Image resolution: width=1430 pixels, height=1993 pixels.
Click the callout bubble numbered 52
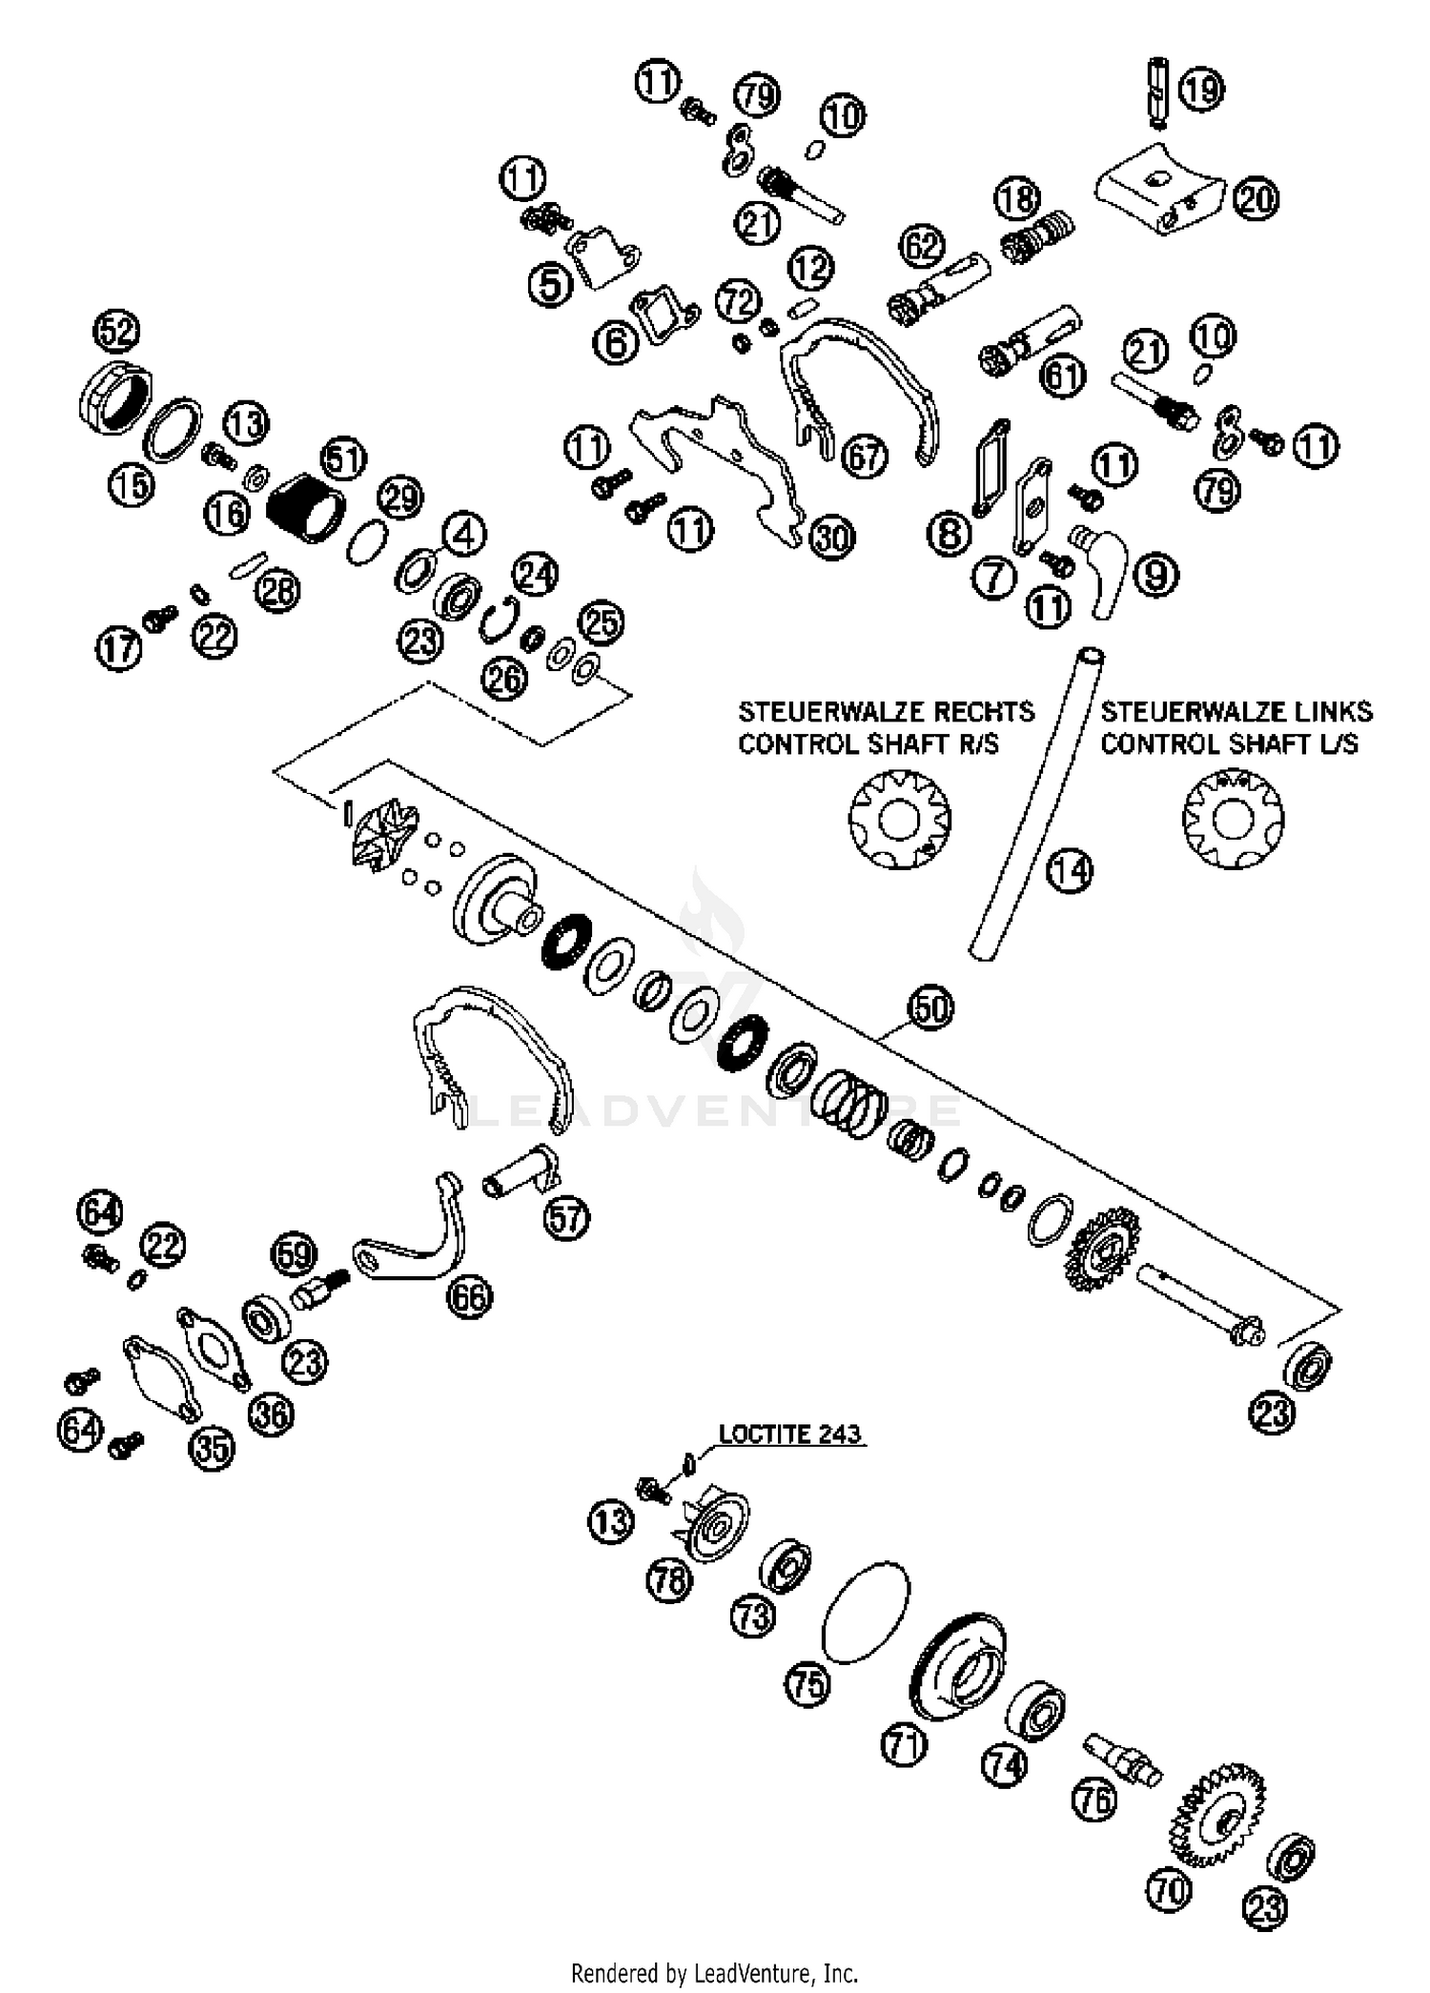pos(115,333)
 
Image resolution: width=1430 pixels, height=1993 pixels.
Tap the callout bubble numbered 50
pos(930,1007)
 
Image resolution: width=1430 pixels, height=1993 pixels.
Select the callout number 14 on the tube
pos(1070,870)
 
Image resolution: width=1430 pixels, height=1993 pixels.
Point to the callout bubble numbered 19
pos(1202,89)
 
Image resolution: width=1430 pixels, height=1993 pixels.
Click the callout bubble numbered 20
pos(1256,199)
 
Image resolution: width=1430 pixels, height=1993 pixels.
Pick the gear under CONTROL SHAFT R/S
pos(899,820)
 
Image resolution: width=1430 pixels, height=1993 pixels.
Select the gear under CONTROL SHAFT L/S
pos(1233,820)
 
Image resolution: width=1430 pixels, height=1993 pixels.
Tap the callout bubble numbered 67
pos(865,457)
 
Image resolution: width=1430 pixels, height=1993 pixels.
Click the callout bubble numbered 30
pos(832,539)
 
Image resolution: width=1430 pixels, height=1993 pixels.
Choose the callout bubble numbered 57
pos(566,1218)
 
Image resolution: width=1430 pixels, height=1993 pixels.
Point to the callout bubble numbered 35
pos(212,1449)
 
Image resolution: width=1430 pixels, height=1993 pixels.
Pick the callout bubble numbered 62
pos(922,247)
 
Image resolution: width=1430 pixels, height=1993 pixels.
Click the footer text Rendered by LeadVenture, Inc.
pos(714,1972)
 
